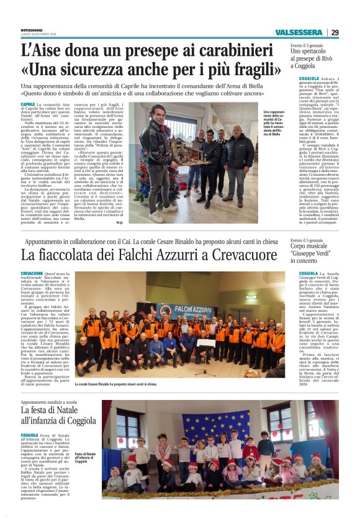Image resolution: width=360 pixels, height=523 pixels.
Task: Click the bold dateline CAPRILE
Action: click(28, 105)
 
